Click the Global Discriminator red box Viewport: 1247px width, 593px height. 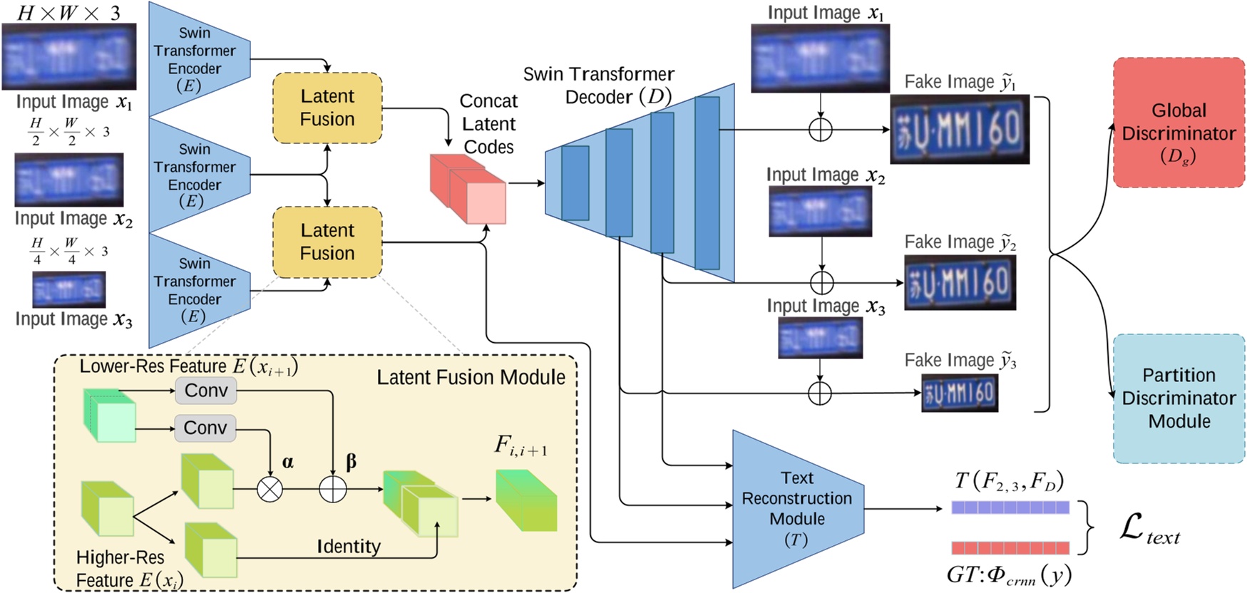1178,123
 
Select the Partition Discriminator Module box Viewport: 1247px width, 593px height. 1178,398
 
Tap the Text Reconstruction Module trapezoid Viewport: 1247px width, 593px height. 796,508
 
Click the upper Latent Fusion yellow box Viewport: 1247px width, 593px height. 327,108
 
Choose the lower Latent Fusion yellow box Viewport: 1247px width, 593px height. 327,242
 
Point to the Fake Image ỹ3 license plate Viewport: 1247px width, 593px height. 959,393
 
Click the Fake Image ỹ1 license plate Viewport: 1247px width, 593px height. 959,130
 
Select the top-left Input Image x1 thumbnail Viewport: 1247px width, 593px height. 68,56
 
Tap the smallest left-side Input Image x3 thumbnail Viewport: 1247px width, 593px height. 69,289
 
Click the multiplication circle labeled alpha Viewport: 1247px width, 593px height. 270,489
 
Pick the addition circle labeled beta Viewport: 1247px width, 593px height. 332,489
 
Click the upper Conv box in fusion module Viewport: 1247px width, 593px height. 205,391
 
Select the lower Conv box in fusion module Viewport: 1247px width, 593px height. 205,428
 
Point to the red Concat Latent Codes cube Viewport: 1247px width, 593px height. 468,189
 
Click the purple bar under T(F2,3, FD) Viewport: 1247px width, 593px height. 1010,507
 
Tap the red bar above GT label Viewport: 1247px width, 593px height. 1010,547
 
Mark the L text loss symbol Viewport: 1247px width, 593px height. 1149,529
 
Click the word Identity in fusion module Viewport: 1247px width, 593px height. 349,547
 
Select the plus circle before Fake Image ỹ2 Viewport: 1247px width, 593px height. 821,282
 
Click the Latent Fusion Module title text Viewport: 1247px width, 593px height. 471,377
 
